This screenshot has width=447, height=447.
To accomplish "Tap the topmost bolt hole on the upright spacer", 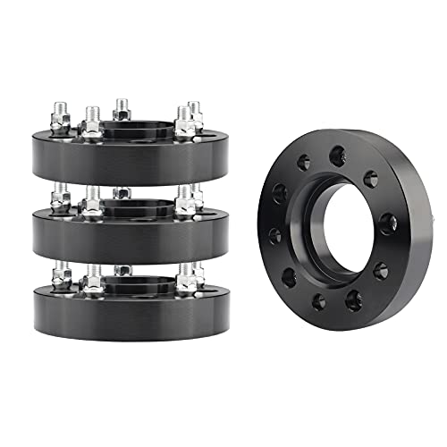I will point(337,156).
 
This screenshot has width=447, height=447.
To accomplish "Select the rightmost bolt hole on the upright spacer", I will point(388,223).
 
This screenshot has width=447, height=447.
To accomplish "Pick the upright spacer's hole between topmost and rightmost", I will point(370,178).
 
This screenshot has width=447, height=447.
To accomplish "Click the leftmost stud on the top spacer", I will point(59,118).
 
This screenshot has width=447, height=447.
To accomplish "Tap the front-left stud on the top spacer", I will point(91,123).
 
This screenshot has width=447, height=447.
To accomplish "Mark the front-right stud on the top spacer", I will point(184,123).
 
